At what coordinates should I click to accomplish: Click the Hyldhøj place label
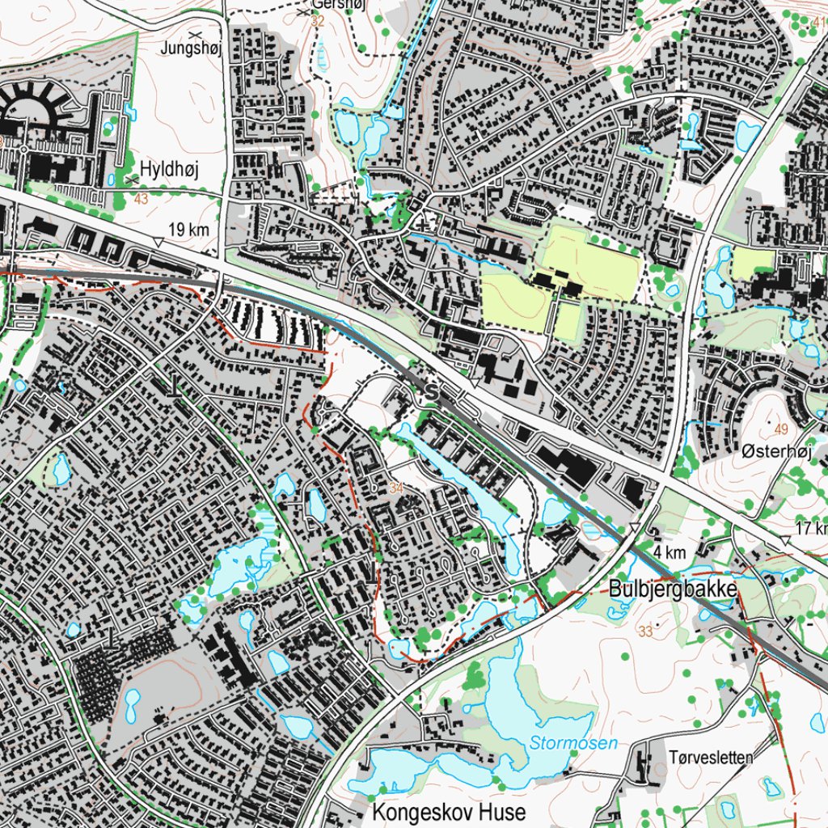pos(169,168)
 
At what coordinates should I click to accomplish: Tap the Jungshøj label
pos(191,48)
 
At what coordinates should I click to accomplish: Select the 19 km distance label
pos(189,230)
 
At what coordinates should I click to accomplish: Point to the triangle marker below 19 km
pos(158,243)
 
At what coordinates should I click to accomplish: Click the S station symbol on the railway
pos(431,392)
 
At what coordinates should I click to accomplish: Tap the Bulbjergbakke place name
pos(673,589)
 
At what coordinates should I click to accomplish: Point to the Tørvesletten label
pos(711,758)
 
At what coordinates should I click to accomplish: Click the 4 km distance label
pos(670,553)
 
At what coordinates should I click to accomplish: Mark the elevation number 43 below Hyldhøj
pos(142,199)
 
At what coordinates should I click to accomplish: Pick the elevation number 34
pos(395,488)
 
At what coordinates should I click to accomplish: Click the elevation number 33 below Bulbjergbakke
pos(644,632)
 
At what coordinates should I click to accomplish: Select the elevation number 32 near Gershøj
pos(317,22)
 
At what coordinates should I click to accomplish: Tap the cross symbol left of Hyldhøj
pos(131,179)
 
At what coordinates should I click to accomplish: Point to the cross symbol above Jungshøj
pos(194,36)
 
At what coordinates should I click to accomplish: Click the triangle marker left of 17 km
pos(784,539)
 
